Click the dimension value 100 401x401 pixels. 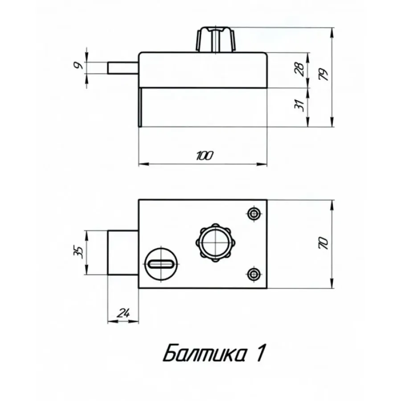pos(205,156)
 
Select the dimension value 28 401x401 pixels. pos(300,69)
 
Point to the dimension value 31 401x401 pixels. pos(300,105)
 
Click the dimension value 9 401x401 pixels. pos(78,65)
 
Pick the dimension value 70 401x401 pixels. pos(323,243)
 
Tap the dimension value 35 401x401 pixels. pos(78,253)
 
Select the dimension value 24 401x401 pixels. pos(123,313)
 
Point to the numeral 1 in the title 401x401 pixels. pos(261,353)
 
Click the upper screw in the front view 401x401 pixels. pos(254,213)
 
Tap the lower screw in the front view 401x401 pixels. pos(254,274)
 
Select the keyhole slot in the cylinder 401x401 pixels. pos(161,264)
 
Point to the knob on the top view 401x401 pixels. pos(216,39)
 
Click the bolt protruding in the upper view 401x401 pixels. pos(123,68)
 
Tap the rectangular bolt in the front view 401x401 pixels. pos(123,253)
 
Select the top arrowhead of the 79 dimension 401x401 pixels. pos(332,33)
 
